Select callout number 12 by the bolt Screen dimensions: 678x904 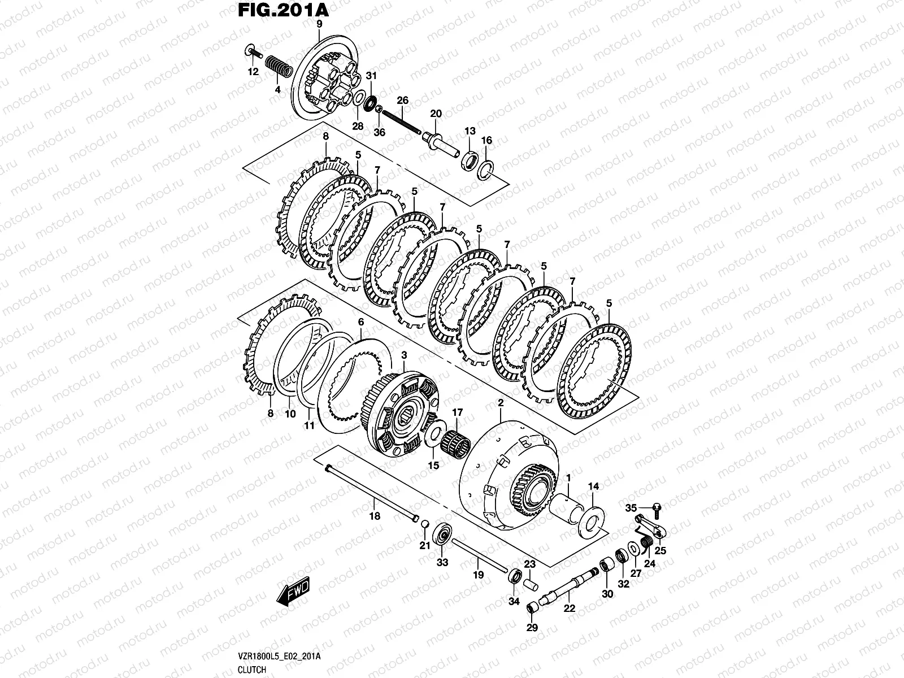[253, 72]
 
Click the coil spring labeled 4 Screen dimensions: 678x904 [278, 64]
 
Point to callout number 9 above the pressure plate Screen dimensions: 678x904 [319, 24]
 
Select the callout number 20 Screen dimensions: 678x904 [436, 114]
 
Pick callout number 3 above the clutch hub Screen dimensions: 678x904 [404, 354]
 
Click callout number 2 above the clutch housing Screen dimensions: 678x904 [499, 402]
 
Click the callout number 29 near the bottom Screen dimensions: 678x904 [532, 627]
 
